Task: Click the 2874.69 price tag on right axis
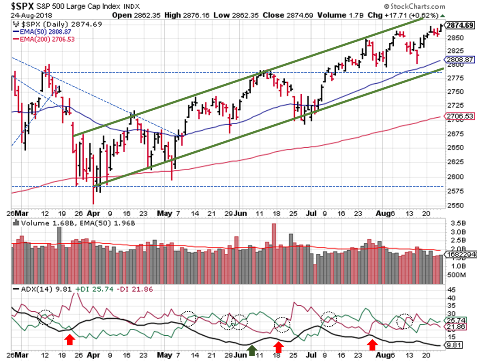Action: pyautogui.click(x=460, y=25)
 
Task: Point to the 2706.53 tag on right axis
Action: pyautogui.click(x=460, y=116)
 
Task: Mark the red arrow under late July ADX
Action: pyautogui.click(x=372, y=345)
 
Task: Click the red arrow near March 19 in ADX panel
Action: pyautogui.click(x=69, y=339)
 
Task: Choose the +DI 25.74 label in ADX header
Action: pyautogui.click(x=90, y=289)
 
